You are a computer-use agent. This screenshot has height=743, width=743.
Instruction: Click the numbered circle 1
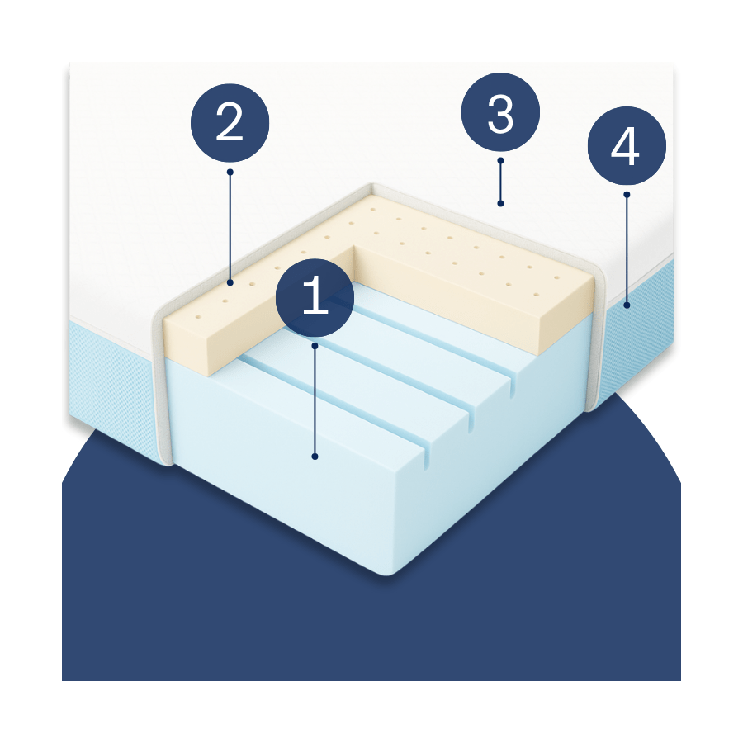click(315, 297)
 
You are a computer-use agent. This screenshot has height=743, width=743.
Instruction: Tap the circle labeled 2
click(230, 123)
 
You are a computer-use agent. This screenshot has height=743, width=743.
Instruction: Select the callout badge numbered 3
click(500, 112)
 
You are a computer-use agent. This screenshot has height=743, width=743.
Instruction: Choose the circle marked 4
click(627, 145)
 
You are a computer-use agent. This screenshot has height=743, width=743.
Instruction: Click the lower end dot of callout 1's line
click(315, 457)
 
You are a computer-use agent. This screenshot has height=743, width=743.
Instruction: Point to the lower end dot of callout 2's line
click(230, 283)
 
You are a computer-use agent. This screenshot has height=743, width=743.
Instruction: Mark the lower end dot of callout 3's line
click(500, 204)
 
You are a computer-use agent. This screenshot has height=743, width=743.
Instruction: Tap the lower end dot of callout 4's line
click(627, 305)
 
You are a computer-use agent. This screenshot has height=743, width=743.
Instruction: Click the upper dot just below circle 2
click(230, 172)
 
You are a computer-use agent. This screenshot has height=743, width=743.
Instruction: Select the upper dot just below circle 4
click(627, 194)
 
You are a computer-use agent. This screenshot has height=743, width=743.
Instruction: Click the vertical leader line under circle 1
click(315, 401)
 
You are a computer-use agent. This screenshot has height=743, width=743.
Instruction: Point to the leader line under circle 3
click(500, 182)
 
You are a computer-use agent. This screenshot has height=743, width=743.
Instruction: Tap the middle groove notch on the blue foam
click(471, 418)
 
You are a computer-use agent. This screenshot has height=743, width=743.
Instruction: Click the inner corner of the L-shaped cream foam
click(353, 246)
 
